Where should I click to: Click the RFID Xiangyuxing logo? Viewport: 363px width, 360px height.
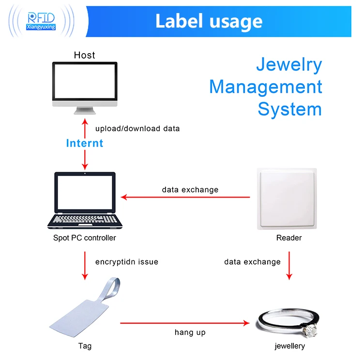(x=43, y=21)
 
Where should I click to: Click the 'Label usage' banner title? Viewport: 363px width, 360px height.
(x=209, y=21)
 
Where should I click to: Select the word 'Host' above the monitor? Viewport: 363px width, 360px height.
(x=84, y=55)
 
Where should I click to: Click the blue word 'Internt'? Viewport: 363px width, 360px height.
(x=85, y=143)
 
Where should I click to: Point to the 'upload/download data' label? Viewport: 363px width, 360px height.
(x=137, y=129)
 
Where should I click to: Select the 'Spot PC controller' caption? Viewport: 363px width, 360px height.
(x=85, y=238)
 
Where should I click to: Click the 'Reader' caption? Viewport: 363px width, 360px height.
(x=289, y=238)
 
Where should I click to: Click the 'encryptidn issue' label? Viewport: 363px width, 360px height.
(x=127, y=262)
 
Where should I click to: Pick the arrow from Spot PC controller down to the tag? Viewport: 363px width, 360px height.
(x=85, y=265)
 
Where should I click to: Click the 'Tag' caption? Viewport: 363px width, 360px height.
(x=85, y=346)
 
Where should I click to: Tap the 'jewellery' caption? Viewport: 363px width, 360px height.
(x=289, y=346)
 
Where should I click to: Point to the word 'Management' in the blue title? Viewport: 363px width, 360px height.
(x=266, y=87)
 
